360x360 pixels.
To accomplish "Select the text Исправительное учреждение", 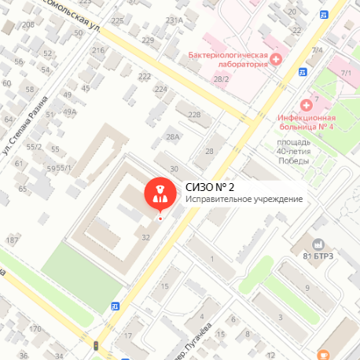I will click(244, 199).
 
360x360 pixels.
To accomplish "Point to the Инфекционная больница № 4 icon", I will click(307, 105).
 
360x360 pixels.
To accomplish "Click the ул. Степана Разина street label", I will click(29, 125).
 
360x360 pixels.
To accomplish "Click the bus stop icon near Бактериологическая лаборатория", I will click(303, 72).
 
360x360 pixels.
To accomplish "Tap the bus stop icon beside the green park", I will click(116, 305).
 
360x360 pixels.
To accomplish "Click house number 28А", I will click(173, 137).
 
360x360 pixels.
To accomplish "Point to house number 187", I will click(12, 240).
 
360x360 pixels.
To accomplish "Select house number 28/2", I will click(221, 79).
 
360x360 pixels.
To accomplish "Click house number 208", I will click(28, 25).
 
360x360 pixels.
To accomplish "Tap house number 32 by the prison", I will click(145, 237).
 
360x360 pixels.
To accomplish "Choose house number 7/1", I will click(346, 72).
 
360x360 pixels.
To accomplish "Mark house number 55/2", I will click(34, 146).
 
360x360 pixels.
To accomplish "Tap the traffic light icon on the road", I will click(96, 345).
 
